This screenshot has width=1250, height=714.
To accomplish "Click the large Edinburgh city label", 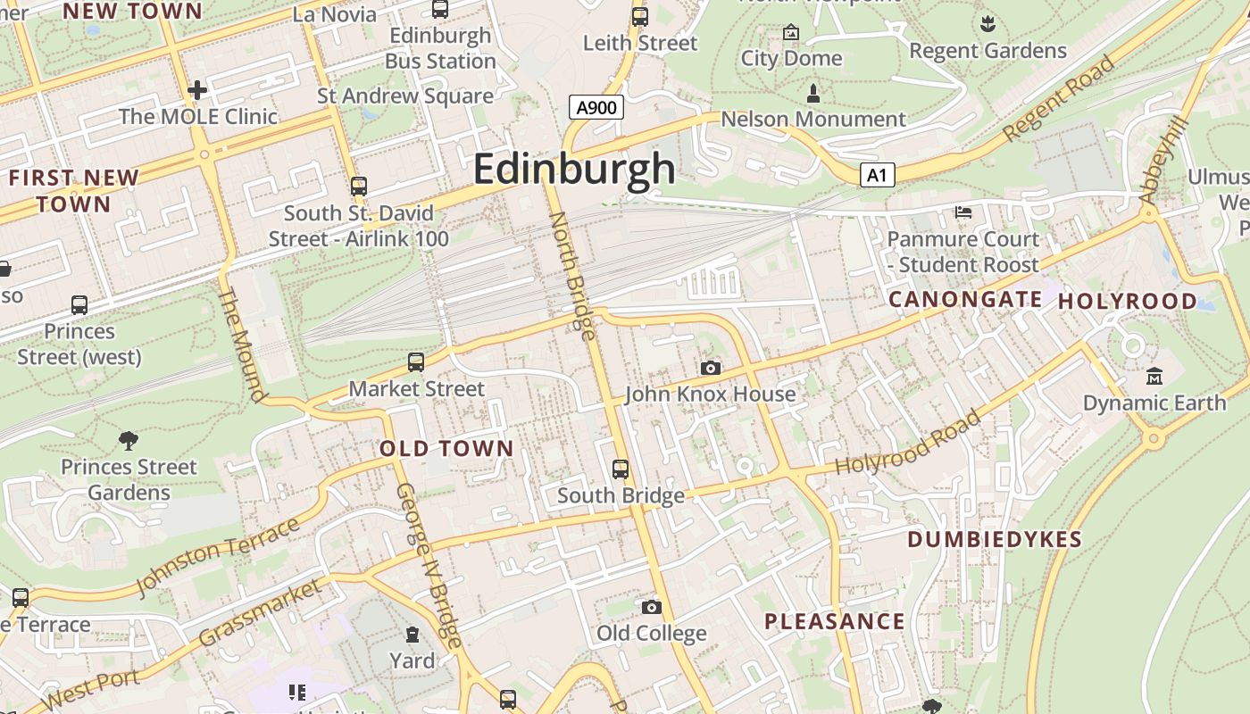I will tap(574, 169).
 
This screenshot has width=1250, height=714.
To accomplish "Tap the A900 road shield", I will tap(596, 108).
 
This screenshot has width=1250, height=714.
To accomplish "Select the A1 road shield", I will tap(878, 175).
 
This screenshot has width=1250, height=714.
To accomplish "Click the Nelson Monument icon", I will tap(813, 93).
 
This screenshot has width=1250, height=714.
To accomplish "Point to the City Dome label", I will tap(791, 58).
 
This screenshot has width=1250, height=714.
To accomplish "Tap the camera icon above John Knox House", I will tap(711, 368).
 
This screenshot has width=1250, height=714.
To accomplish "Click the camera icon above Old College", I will tap(652, 607).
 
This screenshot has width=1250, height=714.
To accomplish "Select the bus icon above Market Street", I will tap(416, 361).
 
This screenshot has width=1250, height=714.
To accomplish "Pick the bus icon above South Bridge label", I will tap(621, 469).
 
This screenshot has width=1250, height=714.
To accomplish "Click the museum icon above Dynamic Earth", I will tap(1154, 376).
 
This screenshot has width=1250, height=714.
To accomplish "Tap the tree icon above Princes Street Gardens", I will tap(129, 439).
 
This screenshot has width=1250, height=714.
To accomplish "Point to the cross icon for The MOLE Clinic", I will tap(197, 90).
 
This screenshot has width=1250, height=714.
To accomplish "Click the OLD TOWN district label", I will tap(446, 448).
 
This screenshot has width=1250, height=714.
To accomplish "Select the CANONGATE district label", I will tap(965, 299).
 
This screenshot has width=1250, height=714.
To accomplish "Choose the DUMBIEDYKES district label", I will tap(995, 539).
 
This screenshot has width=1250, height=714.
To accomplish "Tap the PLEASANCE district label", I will tap(835, 621).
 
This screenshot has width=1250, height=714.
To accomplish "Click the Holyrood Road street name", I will tap(907, 443).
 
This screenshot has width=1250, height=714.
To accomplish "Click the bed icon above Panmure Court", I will tap(963, 212).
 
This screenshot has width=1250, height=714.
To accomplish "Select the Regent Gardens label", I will tap(987, 51).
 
